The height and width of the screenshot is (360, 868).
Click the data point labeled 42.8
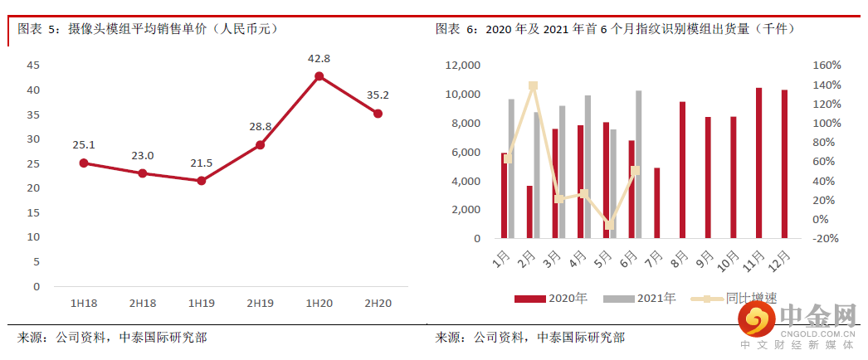(x=319, y=76)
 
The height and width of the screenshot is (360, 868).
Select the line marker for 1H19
(x=201, y=180)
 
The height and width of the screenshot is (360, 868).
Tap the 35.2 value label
(x=378, y=95)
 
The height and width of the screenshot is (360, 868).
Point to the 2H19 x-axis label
(x=260, y=303)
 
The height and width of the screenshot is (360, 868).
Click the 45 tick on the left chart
(x=33, y=65)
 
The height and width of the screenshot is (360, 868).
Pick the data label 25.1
(x=84, y=144)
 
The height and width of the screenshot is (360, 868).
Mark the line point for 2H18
(x=143, y=173)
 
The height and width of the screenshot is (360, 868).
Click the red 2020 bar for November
(x=758, y=163)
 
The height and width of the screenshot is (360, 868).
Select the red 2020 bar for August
(x=682, y=170)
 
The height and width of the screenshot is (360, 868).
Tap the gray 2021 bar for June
(x=638, y=164)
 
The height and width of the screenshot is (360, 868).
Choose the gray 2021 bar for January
(x=511, y=168)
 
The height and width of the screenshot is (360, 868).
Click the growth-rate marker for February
(x=533, y=85)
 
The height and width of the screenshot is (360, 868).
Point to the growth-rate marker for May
(x=609, y=225)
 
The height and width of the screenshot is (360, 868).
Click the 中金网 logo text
(x=817, y=316)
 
